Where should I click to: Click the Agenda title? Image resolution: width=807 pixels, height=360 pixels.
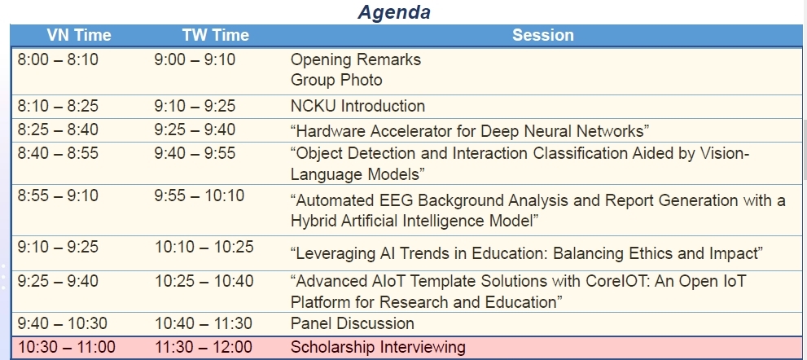pos(394,12)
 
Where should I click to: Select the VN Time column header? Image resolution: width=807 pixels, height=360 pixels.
pos(79,35)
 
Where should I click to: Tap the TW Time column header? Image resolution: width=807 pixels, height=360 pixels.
pos(215,35)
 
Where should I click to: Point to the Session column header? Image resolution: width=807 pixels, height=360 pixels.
pos(542,35)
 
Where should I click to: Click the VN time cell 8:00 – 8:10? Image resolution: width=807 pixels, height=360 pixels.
pos(58,59)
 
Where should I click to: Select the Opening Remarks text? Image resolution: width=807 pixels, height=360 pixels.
pos(356,59)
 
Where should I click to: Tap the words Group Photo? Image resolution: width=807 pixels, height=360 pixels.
pos(336,81)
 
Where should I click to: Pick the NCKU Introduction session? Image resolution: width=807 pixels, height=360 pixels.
pos(357,106)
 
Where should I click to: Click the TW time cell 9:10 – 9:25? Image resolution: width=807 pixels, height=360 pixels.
pos(195,106)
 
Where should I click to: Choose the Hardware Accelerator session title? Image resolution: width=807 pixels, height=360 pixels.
pos(469,131)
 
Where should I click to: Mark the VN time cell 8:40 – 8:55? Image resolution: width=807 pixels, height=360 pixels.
pos(58,153)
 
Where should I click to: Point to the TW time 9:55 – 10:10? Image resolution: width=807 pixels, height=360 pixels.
pos(200,195)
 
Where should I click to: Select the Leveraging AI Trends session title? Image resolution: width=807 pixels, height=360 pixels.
pos(527,253)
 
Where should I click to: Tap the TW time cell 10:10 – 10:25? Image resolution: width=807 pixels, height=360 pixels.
pos(204,248)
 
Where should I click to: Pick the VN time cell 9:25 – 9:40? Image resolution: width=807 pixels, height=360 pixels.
pos(58,281)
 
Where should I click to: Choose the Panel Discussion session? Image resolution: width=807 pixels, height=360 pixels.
pos(353,323)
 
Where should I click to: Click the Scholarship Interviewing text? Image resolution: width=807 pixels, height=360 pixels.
pos(378,347)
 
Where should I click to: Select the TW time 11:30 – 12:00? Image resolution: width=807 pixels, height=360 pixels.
pos(204,347)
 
